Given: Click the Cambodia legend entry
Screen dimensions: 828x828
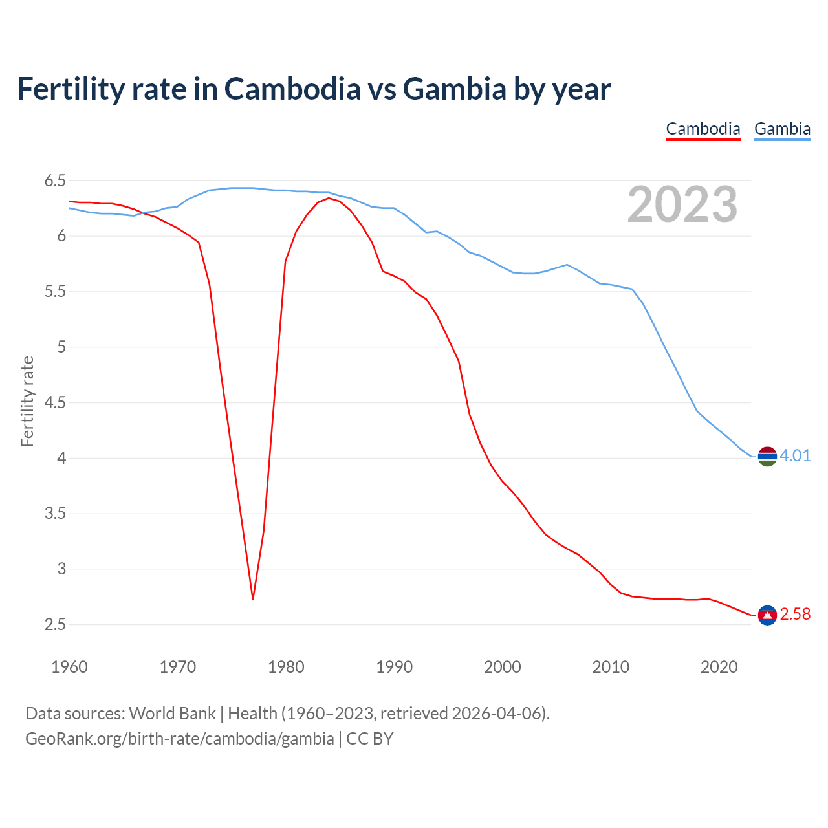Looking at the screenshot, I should click(703, 129).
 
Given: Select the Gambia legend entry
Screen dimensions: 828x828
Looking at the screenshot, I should click(782, 129).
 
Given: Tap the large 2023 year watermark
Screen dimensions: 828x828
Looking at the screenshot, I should click(682, 205).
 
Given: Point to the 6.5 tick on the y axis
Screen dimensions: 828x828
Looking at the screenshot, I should click(55, 181).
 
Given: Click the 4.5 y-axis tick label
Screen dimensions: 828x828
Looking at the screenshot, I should click(55, 403).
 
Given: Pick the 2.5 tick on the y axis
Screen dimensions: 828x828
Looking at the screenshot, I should click(55, 625).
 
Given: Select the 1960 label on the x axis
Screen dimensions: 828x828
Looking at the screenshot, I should click(69, 667).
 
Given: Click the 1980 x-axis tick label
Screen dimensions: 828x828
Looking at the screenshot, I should click(286, 667).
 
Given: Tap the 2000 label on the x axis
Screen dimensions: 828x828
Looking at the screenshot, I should click(503, 667).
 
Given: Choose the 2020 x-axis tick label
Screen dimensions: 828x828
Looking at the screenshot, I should click(719, 667).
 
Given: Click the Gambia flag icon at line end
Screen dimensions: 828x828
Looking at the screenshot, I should click(767, 456).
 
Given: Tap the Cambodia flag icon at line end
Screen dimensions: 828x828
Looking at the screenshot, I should click(767, 615).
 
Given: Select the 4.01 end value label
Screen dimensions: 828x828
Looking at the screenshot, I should click(795, 456).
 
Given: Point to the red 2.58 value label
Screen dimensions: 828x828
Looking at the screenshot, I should click(795, 615).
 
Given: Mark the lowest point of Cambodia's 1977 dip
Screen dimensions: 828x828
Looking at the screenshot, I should click(253, 599).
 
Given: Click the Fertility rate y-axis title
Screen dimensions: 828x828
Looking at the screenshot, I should click(27, 401).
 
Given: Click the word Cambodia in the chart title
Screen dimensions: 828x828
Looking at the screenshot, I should click(292, 89).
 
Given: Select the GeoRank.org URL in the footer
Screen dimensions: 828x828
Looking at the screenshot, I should click(179, 739).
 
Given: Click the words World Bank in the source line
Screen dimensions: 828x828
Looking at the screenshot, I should click(172, 714).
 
